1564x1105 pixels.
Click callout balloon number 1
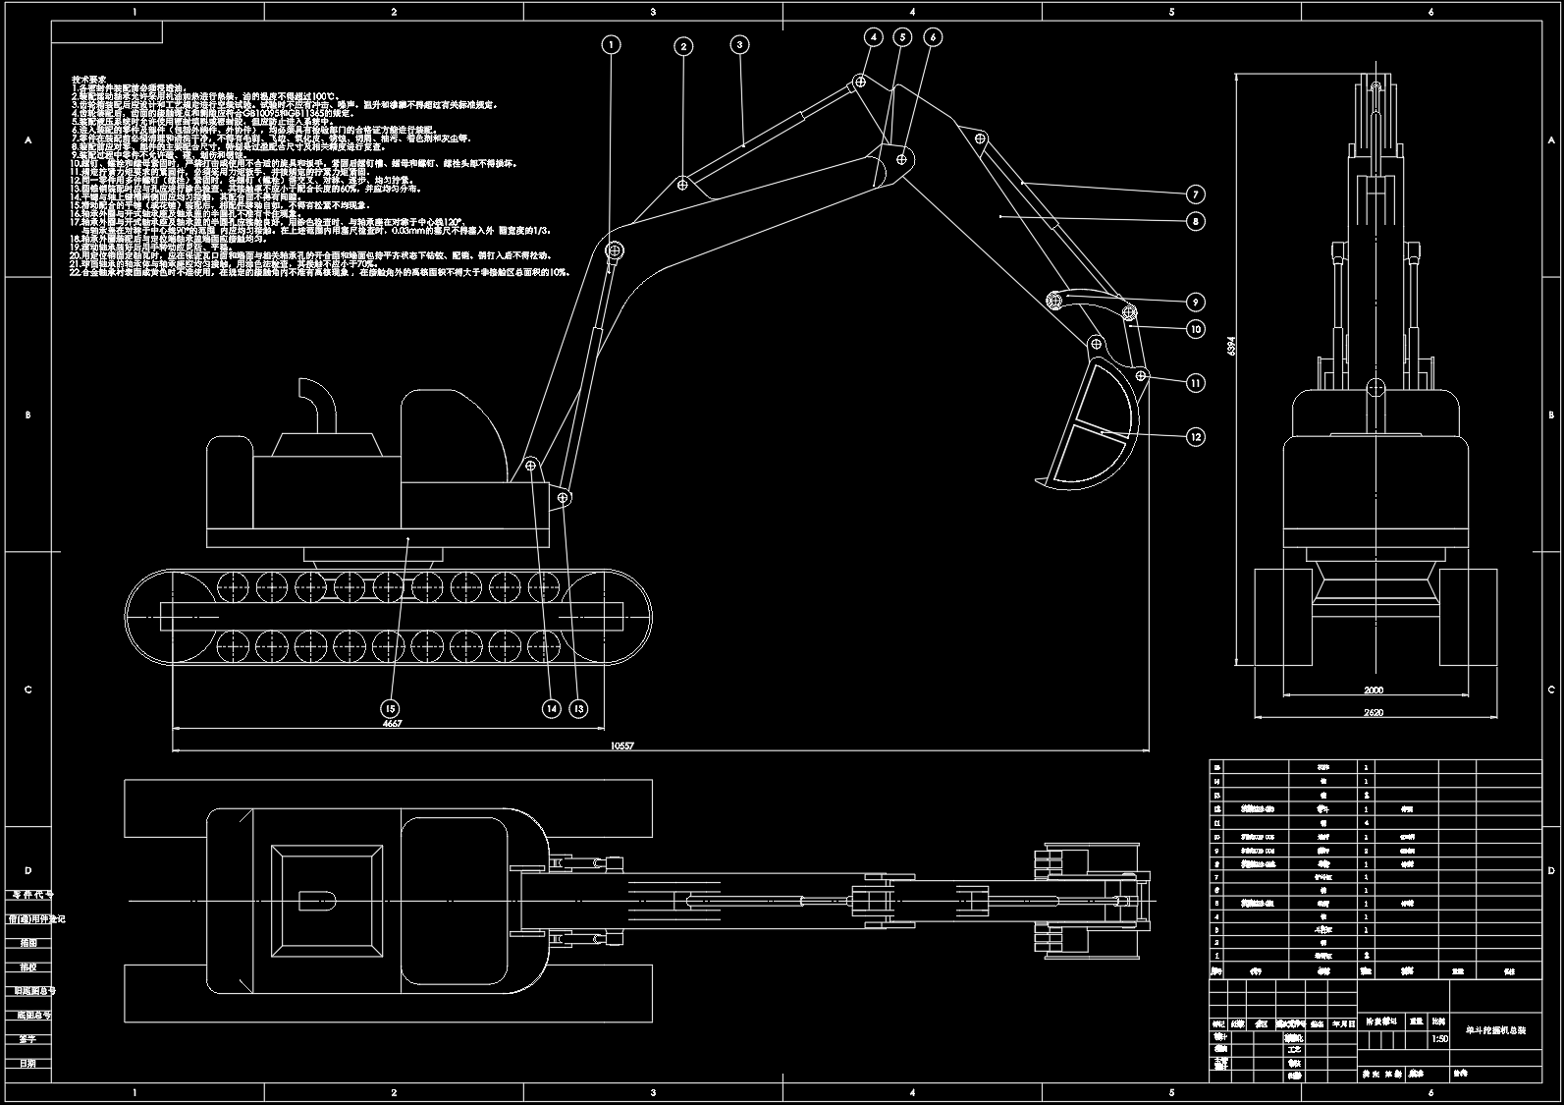tap(612, 44)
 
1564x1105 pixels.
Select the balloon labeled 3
tap(740, 44)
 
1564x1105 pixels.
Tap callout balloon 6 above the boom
tap(933, 37)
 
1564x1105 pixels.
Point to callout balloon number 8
tap(1195, 222)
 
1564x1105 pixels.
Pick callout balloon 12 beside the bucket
tap(1195, 437)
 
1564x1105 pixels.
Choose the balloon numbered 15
tap(391, 708)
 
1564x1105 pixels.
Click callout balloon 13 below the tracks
tap(578, 708)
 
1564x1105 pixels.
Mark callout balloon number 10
tap(1195, 329)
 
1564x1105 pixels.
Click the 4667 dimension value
tap(392, 724)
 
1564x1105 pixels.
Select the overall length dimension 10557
tap(622, 746)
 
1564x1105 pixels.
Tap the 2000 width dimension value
tap(1373, 691)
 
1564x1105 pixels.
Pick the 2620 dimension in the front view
tap(1373, 713)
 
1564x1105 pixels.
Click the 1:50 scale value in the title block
tap(1440, 1038)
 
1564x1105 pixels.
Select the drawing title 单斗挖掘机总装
tap(1495, 1030)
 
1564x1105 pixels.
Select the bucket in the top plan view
tap(1090, 900)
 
